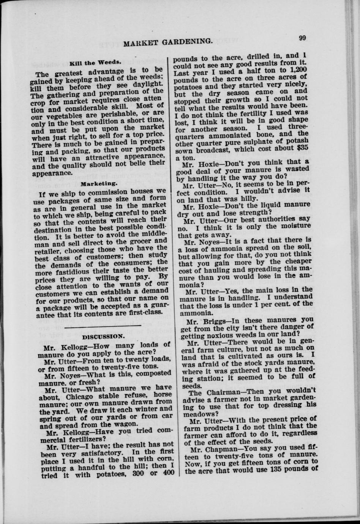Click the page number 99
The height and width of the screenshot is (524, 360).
(x=303, y=37)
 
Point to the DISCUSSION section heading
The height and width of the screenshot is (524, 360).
(x=103, y=336)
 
